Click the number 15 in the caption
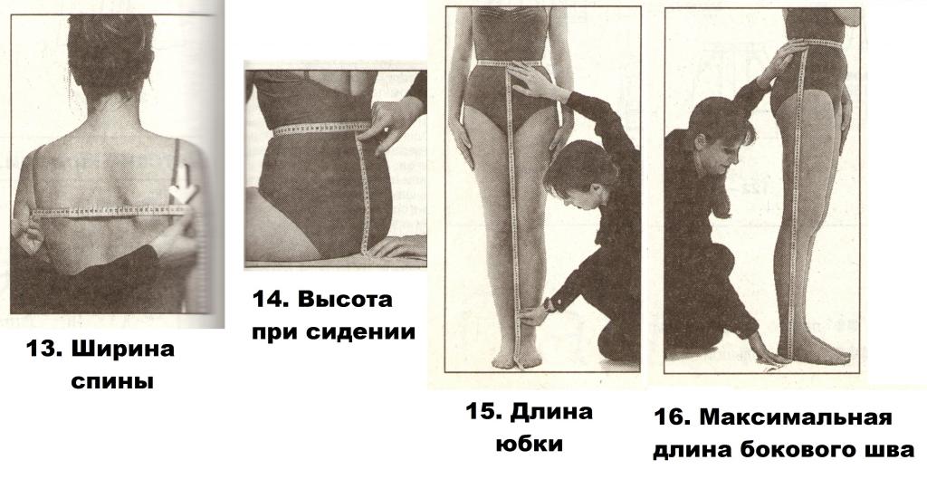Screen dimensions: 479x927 click(x=483, y=412)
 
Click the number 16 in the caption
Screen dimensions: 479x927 click(x=671, y=418)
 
